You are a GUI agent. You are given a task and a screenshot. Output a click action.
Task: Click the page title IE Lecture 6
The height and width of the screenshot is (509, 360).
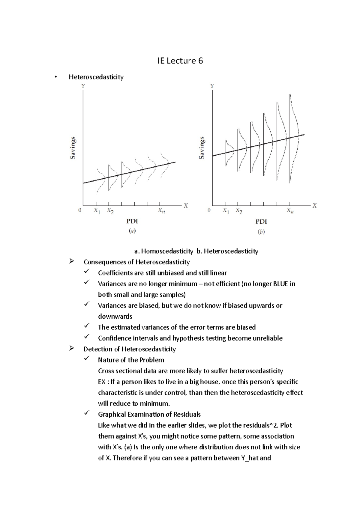(x=180, y=61)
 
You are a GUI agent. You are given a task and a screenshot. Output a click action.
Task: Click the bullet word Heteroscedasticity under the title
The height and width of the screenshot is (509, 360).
(x=96, y=77)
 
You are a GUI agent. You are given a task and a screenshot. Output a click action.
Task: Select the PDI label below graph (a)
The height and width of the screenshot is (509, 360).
(x=132, y=222)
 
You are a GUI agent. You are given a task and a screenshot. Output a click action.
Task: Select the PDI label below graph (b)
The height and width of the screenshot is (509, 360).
(x=261, y=222)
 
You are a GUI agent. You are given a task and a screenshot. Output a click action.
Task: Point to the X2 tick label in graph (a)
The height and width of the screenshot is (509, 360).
(x=110, y=211)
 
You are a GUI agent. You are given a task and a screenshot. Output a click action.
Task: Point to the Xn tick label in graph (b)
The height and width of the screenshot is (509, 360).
(x=290, y=211)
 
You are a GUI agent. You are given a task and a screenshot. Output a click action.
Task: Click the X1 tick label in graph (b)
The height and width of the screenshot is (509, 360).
(x=226, y=211)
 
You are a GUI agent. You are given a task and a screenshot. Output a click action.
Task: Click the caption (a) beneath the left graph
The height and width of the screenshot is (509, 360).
(x=132, y=231)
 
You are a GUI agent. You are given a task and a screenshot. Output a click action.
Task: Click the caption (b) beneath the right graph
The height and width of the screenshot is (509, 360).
(x=261, y=231)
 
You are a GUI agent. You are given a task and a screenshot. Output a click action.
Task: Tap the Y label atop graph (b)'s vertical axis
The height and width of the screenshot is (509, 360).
(x=212, y=86)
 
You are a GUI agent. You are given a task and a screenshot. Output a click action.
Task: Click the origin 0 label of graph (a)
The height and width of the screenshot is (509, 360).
(x=80, y=210)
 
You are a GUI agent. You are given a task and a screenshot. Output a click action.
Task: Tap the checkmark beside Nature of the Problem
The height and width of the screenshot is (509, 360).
(x=87, y=359)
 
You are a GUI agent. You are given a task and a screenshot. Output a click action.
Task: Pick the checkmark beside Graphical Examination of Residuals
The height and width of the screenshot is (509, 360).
(x=87, y=413)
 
